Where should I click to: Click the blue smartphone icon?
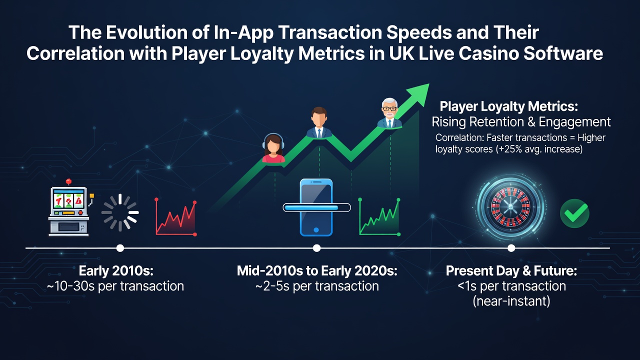(316, 207)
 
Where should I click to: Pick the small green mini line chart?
(379, 217)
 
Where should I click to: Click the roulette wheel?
(510, 207)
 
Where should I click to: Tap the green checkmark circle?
(574, 213)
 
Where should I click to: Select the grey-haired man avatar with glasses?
(389, 113)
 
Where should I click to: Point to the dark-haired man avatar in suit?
(319, 122)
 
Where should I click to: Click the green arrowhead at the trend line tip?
(418, 94)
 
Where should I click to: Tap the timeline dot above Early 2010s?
(120, 248)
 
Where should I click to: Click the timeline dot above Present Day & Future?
(511, 248)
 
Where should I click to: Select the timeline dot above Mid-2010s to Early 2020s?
(316, 248)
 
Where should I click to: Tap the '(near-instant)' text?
(511, 301)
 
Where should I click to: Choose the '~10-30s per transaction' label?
(115, 286)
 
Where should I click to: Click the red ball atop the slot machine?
(68, 181)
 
